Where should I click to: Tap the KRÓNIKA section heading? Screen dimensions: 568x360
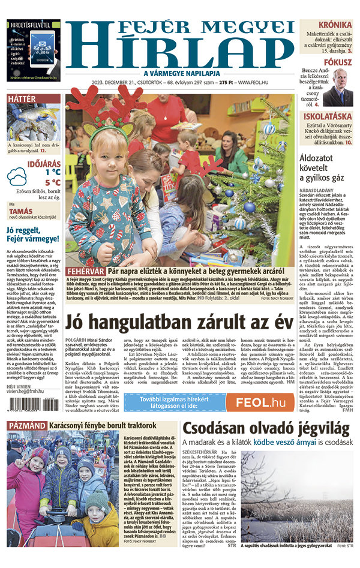coord(334,25)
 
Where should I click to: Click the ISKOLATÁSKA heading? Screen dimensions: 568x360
coord(327,116)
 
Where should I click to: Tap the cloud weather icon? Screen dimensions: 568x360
coord(16,176)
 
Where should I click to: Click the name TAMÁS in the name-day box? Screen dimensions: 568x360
coord(21,211)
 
